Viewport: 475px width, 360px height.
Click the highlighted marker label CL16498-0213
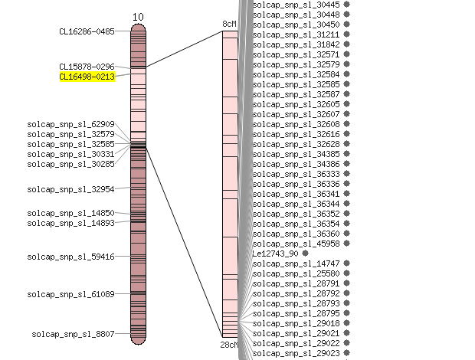click(87, 77)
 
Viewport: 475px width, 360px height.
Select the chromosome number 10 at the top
click(138, 18)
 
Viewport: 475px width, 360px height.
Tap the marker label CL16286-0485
click(87, 31)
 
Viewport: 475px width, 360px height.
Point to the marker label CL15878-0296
click(87, 67)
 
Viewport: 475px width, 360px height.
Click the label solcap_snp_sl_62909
click(71, 124)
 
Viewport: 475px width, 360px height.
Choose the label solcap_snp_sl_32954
click(71, 189)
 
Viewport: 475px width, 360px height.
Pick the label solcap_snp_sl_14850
click(71, 213)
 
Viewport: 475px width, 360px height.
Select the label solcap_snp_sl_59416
click(71, 257)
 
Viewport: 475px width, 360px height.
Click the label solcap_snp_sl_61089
click(71, 294)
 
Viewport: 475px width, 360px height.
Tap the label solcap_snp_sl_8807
click(73, 334)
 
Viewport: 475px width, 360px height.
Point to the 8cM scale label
click(229, 24)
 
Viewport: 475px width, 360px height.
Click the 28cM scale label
click(229, 345)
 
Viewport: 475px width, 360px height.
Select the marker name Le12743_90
click(275, 254)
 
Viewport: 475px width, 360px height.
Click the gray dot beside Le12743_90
click(306, 253)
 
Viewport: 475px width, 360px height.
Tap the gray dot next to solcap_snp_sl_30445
click(347, 5)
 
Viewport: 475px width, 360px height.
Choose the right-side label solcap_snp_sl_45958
click(296, 244)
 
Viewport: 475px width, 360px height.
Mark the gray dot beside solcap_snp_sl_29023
click(347, 353)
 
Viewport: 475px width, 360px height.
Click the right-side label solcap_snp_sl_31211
click(296, 34)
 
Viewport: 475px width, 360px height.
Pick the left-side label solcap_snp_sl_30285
click(71, 164)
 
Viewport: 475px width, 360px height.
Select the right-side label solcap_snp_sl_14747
click(296, 263)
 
